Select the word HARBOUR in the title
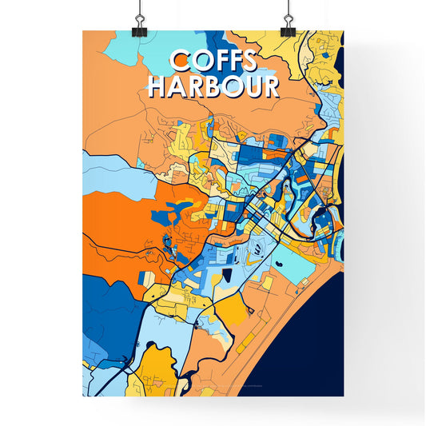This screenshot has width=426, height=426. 213,86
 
